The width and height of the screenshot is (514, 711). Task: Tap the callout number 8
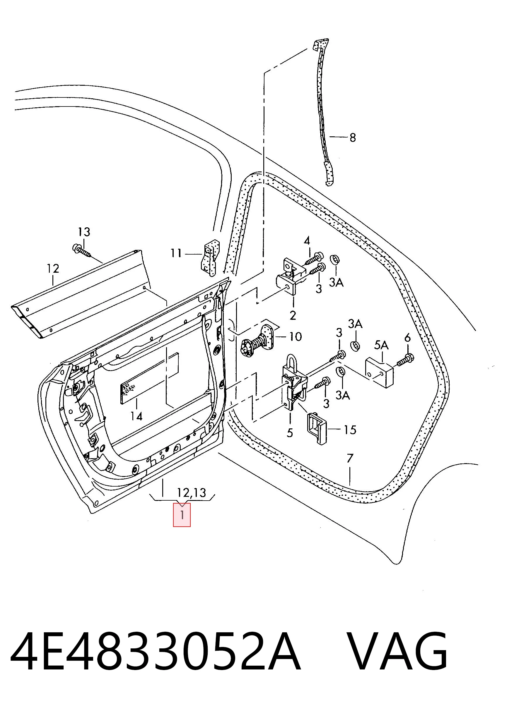pos(352,137)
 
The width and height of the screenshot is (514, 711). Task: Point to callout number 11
pos(176,253)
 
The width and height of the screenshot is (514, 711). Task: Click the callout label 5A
pos(381,346)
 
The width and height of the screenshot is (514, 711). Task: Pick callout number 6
pos(407,338)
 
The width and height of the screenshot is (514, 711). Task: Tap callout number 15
pos(350,430)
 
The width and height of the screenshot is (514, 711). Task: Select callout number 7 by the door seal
pos(350,459)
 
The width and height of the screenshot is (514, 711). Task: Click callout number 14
pos(136,416)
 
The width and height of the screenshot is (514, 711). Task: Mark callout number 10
pos(295,337)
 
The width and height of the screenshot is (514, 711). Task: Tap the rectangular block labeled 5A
pos(380,373)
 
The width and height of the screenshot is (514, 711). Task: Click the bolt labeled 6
pos(405,360)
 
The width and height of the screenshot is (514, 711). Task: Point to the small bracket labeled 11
pos(210,258)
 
